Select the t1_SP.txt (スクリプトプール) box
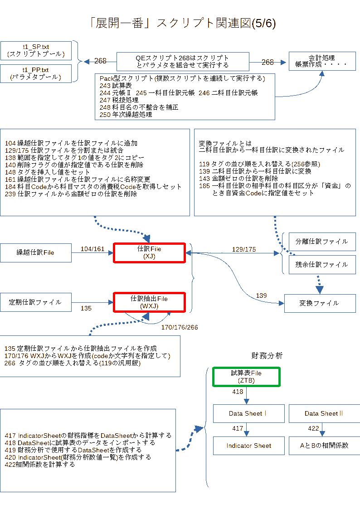coord(36,50)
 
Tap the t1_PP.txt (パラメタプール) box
coord(36,73)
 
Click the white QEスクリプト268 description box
coord(183,61)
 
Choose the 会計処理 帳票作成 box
coord(321,61)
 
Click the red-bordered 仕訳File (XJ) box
coord(149,253)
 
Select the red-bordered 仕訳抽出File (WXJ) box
coord(149,302)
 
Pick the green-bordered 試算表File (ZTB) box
coord(247,377)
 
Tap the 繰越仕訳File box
coord(35,252)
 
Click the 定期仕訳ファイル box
coord(35,302)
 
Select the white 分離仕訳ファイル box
coord(322,242)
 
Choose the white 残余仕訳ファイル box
coord(322,265)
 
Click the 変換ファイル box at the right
coord(319,303)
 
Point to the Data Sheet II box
coord(323,413)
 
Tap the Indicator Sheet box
coord(249,446)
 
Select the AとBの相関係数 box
coord(324,446)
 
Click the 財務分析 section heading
coord(267,356)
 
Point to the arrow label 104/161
coord(92,249)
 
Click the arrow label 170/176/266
coord(180,327)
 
